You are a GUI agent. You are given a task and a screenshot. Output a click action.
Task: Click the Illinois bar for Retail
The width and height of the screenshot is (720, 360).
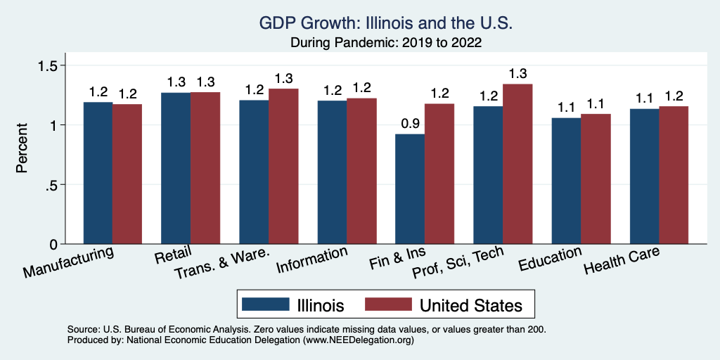[x=176, y=168]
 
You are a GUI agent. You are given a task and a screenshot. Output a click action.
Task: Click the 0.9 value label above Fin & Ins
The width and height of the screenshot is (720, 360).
[x=410, y=124]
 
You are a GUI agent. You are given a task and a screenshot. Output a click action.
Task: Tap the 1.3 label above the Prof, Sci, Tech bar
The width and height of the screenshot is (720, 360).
[x=517, y=74]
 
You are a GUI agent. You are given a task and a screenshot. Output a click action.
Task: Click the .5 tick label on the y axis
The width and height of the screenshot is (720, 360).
[x=53, y=185]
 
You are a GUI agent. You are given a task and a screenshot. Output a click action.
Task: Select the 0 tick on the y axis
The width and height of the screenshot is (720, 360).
[x=55, y=244]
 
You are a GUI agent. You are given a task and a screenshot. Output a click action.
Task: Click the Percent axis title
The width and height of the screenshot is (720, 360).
[x=22, y=149]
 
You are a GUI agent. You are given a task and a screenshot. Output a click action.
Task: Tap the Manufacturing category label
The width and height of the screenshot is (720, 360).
[x=69, y=261]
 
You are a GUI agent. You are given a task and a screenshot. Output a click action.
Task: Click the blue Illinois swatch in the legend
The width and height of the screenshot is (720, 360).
[x=265, y=304]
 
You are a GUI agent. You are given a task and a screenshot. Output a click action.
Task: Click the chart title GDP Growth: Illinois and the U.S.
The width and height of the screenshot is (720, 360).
[x=386, y=23]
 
